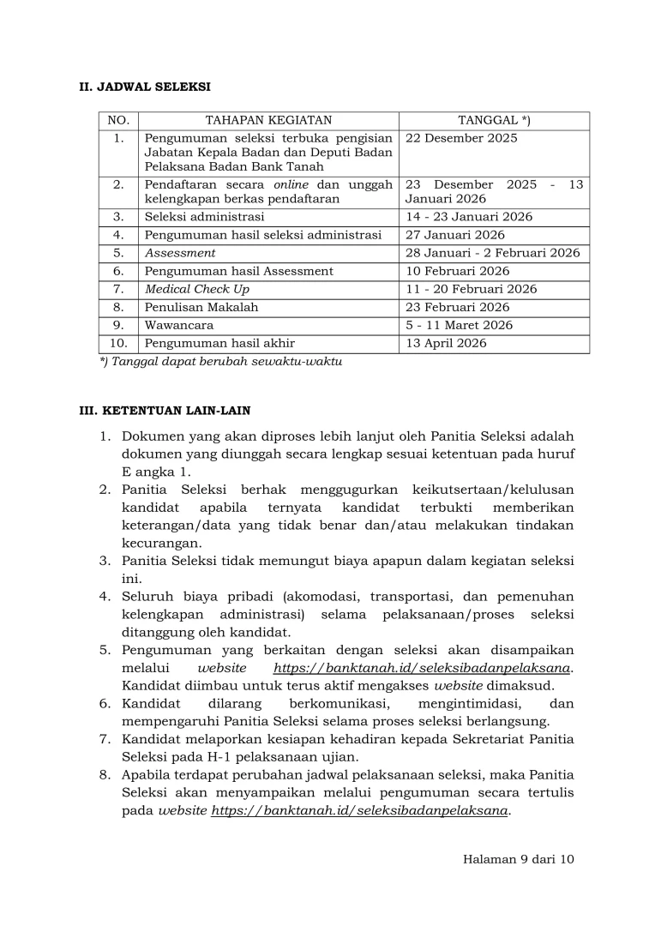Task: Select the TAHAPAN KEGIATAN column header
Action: (x=268, y=121)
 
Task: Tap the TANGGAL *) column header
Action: (x=494, y=121)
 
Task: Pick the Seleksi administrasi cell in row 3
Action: (x=205, y=217)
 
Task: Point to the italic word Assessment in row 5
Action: (x=180, y=253)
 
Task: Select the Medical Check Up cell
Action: (x=197, y=289)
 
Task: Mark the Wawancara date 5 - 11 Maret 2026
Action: (x=460, y=325)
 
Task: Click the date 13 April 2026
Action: (x=446, y=343)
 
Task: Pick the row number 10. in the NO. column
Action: (x=119, y=343)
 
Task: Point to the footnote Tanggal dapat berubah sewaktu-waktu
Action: (x=221, y=362)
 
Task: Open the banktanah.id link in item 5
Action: (x=423, y=668)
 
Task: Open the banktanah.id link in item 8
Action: (x=360, y=810)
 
